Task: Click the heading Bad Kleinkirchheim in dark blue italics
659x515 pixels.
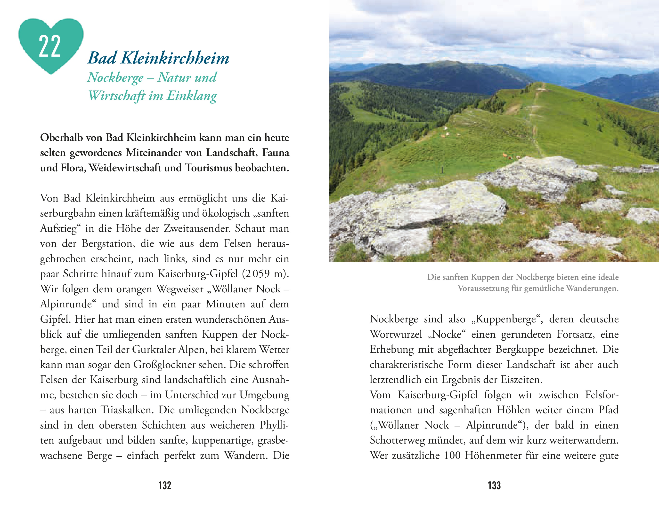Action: tap(158, 58)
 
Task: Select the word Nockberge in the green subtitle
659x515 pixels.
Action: tap(115, 78)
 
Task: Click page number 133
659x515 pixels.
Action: tap(494, 485)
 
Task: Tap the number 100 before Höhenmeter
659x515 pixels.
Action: tap(452, 455)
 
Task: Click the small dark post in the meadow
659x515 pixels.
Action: tap(443, 170)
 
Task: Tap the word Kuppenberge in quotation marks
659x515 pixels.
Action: tap(506, 319)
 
